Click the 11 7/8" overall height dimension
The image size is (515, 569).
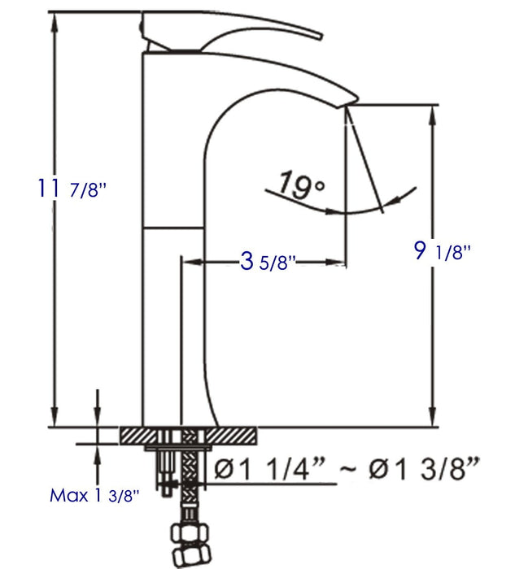coord(72,189)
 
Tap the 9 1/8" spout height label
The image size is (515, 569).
coord(443,250)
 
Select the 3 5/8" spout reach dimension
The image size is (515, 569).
coord(268,261)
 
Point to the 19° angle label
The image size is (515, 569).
coord(301,185)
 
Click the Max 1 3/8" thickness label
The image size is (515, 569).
coord(94,495)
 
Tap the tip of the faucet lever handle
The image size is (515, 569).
coord(321,37)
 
